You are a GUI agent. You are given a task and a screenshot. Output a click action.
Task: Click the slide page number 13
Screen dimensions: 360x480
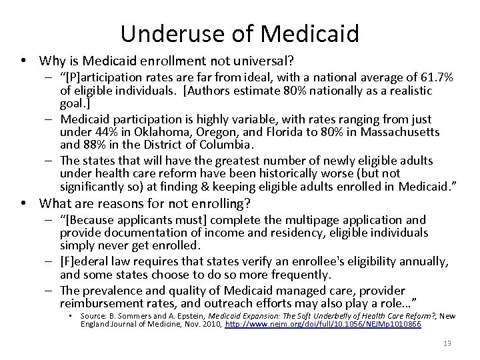point(446,345)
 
